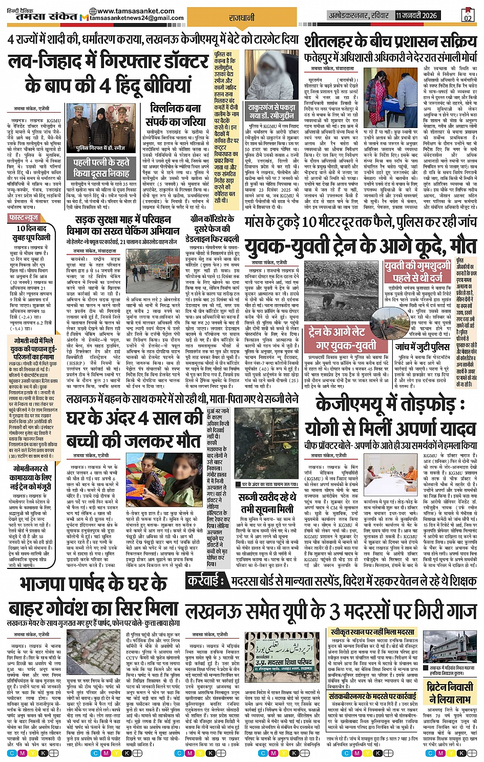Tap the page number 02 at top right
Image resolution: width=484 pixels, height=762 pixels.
[467, 17]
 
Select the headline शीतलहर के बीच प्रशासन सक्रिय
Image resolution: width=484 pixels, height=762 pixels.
[390, 41]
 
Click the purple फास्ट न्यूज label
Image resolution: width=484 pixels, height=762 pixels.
[25, 218]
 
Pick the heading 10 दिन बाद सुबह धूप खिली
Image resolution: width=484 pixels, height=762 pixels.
[33, 233]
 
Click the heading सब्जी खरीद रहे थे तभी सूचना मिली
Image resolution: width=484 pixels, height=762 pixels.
[267, 503]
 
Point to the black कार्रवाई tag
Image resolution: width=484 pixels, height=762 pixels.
[204, 580]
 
